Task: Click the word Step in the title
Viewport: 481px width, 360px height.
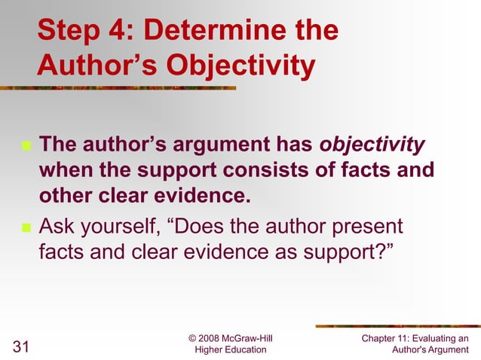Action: (69, 32)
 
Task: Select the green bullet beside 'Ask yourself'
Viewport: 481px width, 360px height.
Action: (26, 227)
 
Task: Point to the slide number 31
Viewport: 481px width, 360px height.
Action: (21, 347)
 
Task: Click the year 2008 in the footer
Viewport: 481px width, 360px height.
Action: (213, 337)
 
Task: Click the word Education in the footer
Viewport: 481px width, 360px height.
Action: (241, 349)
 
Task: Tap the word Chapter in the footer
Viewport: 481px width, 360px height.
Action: (381, 337)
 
